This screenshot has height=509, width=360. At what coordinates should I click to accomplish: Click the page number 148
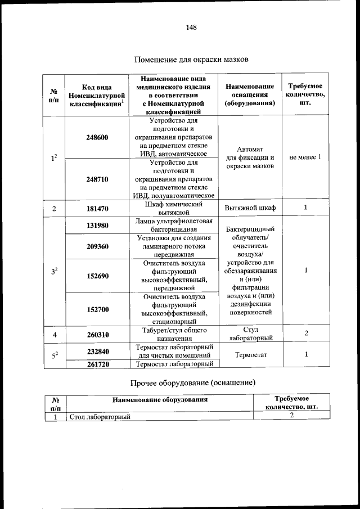click(x=191, y=26)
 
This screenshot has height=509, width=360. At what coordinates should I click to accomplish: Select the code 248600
click(x=97, y=137)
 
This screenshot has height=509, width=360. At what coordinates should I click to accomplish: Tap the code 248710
click(x=97, y=179)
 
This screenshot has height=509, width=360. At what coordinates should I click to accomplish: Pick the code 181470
click(x=97, y=209)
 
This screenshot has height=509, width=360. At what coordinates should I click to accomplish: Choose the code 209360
click(x=97, y=246)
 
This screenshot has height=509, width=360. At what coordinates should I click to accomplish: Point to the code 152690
click(x=97, y=276)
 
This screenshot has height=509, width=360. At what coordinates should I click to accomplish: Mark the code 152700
click(x=97, y=309)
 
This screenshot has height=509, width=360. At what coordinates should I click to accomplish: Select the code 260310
click(x=97, y=335)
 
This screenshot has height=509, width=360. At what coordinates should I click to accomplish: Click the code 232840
click(x=97, y=351)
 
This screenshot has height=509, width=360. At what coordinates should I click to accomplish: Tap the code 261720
click(x=97, y=364)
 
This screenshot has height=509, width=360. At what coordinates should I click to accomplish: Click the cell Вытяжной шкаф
click(x=250, y=209)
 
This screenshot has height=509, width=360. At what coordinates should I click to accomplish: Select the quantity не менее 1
click(x=305, y=157)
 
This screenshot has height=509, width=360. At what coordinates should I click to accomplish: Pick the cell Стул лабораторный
click(x=250, y=334)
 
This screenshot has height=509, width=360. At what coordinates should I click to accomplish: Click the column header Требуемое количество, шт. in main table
click(x=305, y=95)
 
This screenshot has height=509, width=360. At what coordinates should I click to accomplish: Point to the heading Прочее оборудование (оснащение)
click(x=193, y=383)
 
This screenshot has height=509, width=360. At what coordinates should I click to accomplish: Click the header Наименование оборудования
click(x=160, y=400)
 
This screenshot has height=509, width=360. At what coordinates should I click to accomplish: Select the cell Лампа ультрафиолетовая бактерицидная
click(x=173, y=225)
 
